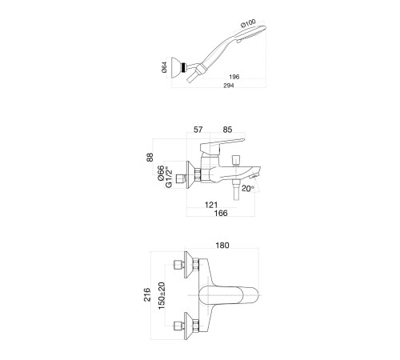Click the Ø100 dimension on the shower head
click(x=248, y=23)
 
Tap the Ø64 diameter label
click(x=165, y=67)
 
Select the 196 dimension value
click(x=234, y=77)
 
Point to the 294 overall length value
click(x=229, y=86)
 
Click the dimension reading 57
click(x=198, y=130)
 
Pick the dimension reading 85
click(x=227, y=130)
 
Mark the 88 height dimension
click(x=150, y=157)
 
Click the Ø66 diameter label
click(x=161, y=174)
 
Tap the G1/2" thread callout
click(x=169, y=177)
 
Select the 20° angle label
click(x=248, y=189)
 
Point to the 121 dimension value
click(x=211, y=205)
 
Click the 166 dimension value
click(x=221, y=213)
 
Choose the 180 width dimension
click(x=222, y=245)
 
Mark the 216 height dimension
click(x=147, y=294)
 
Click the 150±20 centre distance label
click(x=162, y=295)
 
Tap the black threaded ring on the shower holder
click(x=183, y=67)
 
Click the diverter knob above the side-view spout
click(x=236, y=160)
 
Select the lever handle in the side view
click(x=222, y=144)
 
